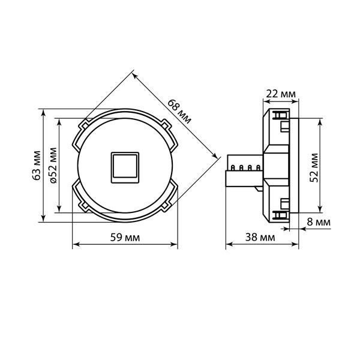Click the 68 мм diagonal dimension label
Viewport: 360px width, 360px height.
coord(179,112)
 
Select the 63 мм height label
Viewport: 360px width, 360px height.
coord(36,166)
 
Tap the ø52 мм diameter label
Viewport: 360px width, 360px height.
coord(53,166)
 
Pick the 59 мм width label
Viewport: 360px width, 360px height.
coord(125,237)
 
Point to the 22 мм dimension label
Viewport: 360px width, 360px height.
coord(281,94)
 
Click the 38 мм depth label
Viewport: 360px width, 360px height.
coord(260,237)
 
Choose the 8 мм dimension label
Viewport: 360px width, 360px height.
coord(319,222)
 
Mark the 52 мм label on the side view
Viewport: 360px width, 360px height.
coord(314,167)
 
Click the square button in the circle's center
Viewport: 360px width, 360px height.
coord(125,167)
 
